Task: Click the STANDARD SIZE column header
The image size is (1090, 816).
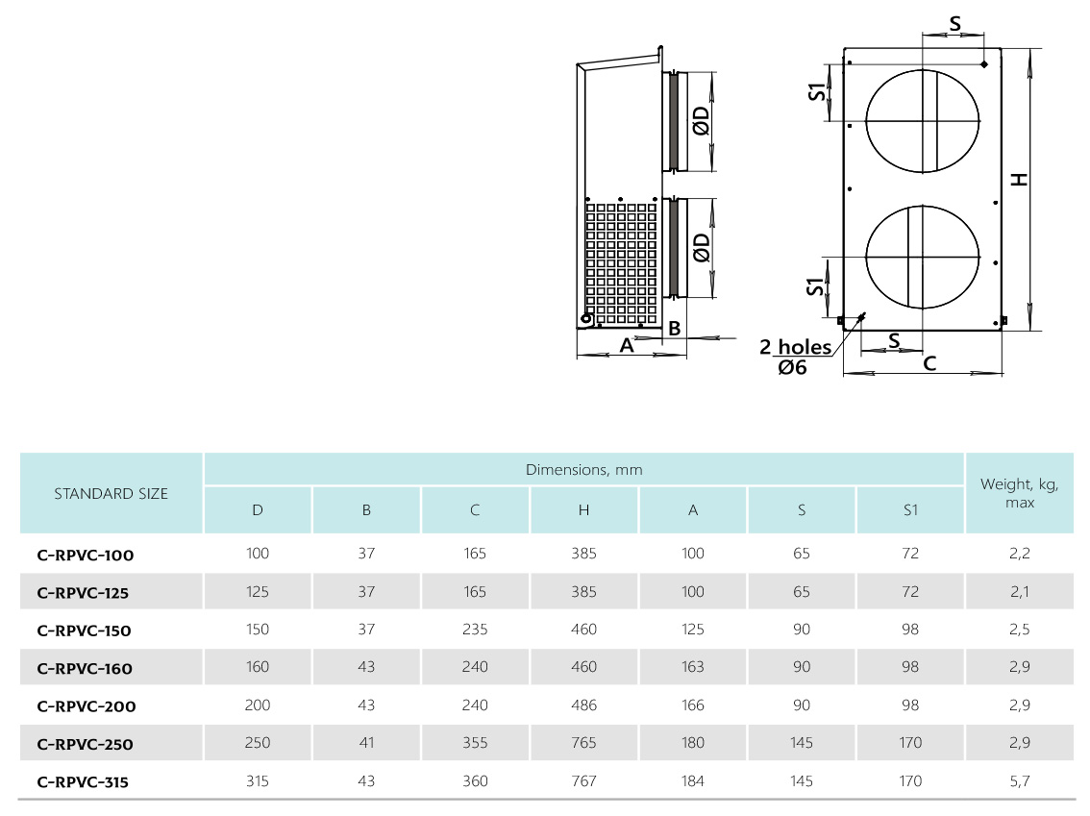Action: point(111,493)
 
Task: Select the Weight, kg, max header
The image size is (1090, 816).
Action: point(1019,493)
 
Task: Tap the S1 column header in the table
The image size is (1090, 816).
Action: point(910,510)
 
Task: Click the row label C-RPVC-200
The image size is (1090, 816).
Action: point(87,706)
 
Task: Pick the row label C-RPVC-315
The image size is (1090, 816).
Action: point(83,782)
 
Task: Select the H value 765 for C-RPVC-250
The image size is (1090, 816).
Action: point(584,742)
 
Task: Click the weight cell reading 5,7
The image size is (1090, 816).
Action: point(1019,781)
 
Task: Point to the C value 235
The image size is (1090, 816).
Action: point(475,629)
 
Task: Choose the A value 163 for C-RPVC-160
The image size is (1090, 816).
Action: point(692,667)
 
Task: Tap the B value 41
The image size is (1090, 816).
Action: point(366,742)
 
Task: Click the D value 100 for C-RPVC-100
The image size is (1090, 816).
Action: point(258,554)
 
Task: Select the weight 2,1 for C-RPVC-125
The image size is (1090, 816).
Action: point(1019,591)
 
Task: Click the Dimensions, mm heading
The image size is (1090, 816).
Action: point(584,470)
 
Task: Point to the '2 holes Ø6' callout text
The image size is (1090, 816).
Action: point(795,357)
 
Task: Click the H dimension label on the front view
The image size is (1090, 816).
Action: point(1019,180)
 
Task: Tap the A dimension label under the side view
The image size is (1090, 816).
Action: point(627,345)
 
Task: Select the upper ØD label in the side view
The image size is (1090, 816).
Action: point(701,120)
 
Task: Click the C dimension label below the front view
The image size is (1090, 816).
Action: point(929,362)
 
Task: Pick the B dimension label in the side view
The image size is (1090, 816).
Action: point(675,328)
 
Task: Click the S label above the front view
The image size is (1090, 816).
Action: point(955,24)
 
